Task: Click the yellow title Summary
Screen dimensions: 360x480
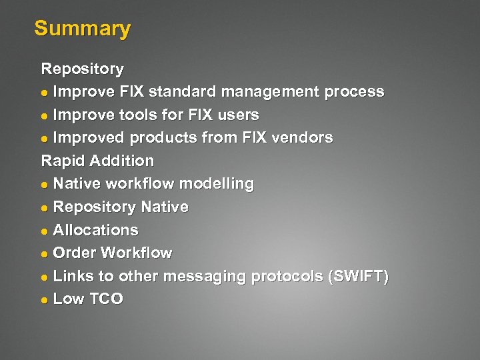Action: click(x=82, y=29)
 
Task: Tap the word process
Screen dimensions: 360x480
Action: click(x=354, y=92)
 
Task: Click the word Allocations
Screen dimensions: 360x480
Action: click(x=95, y=230)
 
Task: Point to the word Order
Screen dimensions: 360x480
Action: click(x=72, y=253)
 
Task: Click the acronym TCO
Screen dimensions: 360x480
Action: click(x=105, y=299)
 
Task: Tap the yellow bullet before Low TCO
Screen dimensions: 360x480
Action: click(x=45, y=300)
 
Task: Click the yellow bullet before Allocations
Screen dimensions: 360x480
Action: click(x=45, y=231)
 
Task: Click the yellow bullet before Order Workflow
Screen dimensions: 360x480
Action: click(x=45, y=254)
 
